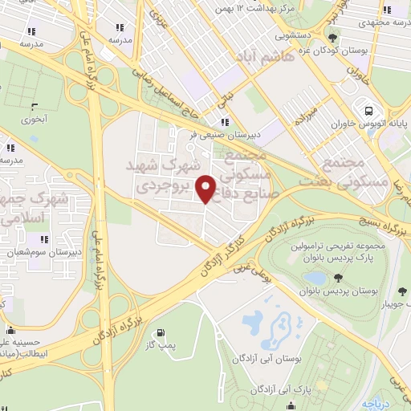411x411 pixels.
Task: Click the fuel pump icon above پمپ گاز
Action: click(161, 332)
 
